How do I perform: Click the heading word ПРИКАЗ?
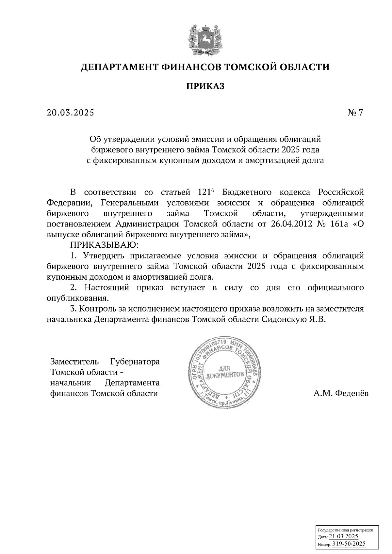coord(205,86)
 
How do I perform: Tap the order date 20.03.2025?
coord(70,113)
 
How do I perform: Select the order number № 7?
coord(355,113)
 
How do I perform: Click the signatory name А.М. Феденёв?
coord(341,394)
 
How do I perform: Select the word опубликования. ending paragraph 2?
coord(77,298)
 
